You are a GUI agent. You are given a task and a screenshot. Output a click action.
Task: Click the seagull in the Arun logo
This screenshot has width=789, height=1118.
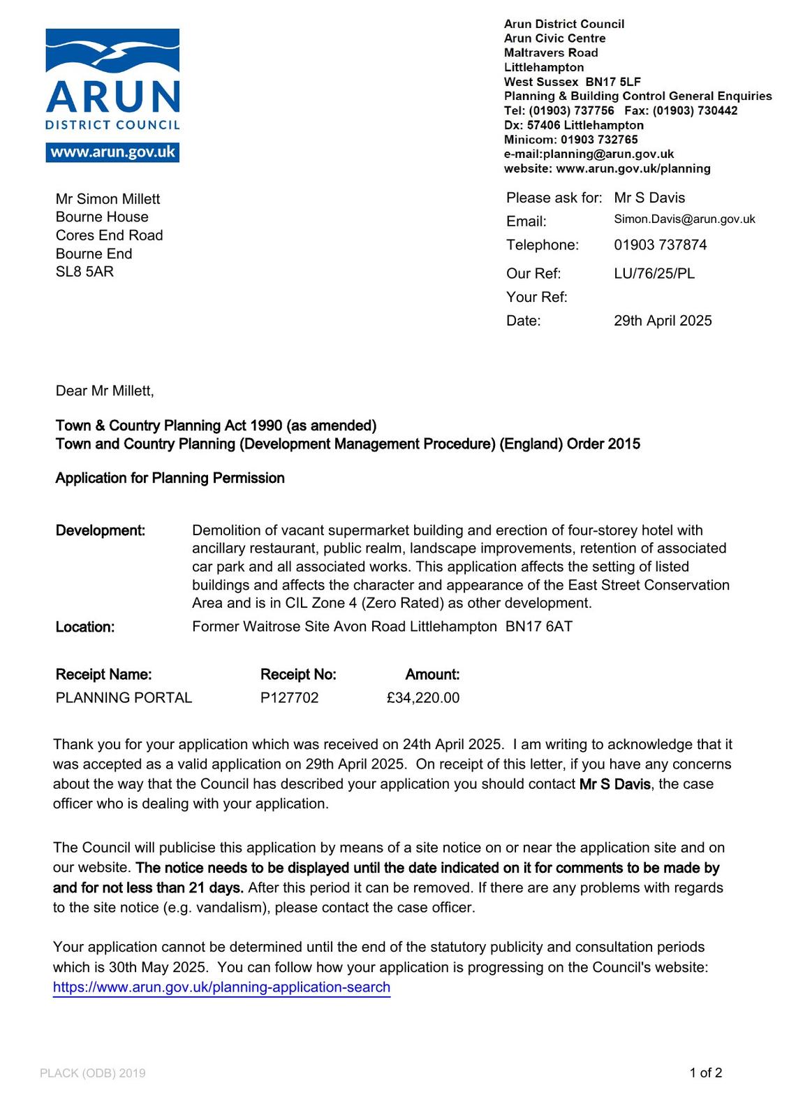(119, 52)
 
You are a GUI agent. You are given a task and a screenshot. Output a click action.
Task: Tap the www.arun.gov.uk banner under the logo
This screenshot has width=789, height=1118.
(112, 152)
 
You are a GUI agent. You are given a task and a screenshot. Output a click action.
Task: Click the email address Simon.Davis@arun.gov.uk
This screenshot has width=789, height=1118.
(684, 219)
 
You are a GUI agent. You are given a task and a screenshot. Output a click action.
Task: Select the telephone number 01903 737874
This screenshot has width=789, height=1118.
(660, 245)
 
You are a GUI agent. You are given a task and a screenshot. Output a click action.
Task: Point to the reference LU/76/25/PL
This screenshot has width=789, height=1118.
(654, 274)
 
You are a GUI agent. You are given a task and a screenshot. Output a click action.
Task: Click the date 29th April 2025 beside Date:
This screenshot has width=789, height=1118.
(663, 321)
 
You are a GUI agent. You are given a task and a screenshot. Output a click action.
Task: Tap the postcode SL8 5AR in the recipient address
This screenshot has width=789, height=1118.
(84, 272)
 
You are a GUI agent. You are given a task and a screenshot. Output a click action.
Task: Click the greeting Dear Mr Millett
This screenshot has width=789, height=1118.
(105, 391)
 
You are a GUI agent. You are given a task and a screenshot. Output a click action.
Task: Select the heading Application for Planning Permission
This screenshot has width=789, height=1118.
(170, 478)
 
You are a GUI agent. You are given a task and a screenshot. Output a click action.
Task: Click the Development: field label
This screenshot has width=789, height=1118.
(100, 530)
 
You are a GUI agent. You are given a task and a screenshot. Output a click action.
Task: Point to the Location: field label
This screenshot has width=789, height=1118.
(84, 627)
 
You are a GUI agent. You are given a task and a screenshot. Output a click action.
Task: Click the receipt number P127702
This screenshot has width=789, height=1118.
(289, 698)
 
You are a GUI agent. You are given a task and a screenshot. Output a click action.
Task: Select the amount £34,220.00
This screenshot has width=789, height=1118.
(423, 698)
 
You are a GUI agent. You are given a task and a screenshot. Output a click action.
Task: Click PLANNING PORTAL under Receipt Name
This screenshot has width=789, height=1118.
(124, 698)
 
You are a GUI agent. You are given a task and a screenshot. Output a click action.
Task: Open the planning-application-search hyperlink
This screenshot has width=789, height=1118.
(221, 987)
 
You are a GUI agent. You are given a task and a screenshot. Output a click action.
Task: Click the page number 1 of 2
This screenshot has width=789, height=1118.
(705, 1073)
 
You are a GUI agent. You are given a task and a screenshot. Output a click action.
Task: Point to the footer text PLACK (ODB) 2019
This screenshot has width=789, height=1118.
(93, 1073)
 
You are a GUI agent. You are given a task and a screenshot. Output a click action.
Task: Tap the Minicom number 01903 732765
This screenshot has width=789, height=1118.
(599, 140)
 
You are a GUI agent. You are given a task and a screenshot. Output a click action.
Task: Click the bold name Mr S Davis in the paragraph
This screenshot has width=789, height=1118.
(614, 784)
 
